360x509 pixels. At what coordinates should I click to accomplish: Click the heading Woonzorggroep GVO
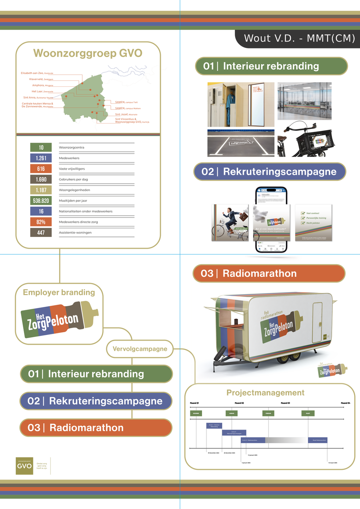[88, 53]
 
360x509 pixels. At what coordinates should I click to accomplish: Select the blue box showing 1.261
[41, 158]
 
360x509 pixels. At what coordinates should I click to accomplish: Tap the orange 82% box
[41, 222]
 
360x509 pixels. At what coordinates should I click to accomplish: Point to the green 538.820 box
[41, 201]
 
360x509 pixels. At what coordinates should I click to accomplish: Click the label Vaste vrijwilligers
[72, 169]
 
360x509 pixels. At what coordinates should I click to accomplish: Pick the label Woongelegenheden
[75, 190]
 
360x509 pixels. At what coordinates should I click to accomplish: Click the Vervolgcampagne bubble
[140, 349]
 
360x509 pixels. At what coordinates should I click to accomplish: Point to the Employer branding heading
[59, 292]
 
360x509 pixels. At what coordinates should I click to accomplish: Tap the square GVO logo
[24, 466]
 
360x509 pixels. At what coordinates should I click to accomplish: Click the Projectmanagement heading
[265, 392]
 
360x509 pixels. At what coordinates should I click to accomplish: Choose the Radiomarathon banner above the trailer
[269, 273]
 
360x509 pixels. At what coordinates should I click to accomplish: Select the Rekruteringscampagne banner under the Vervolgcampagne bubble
[96, 401]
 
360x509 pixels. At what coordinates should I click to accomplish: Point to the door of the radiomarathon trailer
[317, 322]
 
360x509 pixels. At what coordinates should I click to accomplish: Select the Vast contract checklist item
[313, 213]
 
